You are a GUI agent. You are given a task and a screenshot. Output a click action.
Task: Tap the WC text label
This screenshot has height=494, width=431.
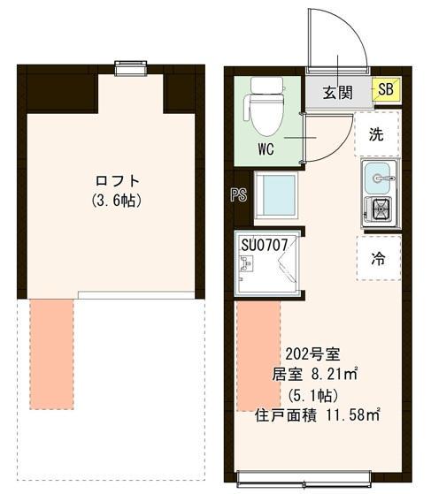pyautogui.click(x=266, y=148)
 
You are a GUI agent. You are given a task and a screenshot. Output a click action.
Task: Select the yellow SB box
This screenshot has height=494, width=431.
pyautogui.click(x=385, y=88)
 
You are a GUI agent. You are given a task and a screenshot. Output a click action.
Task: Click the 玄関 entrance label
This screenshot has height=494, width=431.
pyautogui.click(x=338, y=90)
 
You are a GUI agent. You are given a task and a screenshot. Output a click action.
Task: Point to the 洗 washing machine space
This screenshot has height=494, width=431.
pyautogui.click(x=377, y=135)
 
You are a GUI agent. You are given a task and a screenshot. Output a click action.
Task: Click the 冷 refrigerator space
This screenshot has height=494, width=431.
pyautogui.click(x=377, y=259)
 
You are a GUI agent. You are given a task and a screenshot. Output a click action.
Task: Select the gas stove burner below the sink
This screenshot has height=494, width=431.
pyautogui.click(x=381, y=211)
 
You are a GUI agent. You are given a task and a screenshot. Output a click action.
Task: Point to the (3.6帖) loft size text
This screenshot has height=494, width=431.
pyautogui.click(x=116, y=201)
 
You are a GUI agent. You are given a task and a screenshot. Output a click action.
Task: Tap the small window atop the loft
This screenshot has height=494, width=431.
pyautogui.click(x=130, y=67)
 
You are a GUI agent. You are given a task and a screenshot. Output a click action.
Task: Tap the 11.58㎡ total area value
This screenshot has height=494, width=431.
pyautogui.click(x=350, y=414)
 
